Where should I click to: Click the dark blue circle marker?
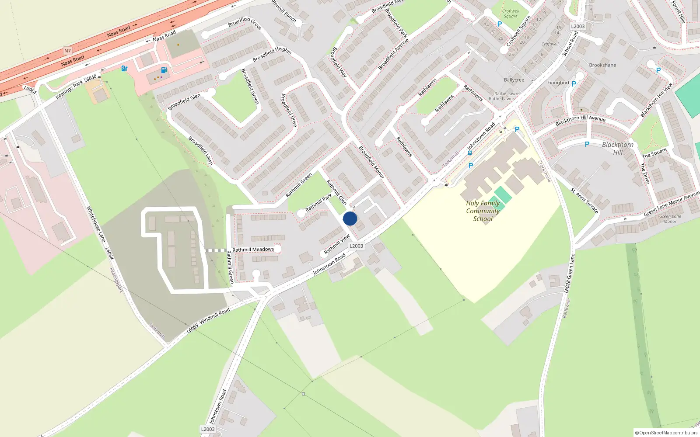click(350, 218)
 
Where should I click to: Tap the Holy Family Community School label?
click(483, 211)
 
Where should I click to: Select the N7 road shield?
click(67, 51)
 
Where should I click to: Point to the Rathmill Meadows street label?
click(253, 250)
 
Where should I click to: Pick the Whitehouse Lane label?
click(96, 224)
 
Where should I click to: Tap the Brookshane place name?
click(602, 65)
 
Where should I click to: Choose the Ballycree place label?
click(514, 80)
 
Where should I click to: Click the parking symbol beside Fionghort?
click(574, 83)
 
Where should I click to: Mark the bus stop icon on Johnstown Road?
click(469, 153)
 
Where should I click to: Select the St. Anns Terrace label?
click(584, 201)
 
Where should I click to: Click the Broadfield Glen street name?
click(184, 102)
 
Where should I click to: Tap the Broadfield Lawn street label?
click(200, 151)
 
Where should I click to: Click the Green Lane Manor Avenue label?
click(672, 203)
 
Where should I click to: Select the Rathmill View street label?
click(337, 244)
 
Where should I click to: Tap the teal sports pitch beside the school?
click(503, 195)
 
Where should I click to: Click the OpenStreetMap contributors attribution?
click(666, 433)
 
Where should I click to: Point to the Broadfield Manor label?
click(371, 162)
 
